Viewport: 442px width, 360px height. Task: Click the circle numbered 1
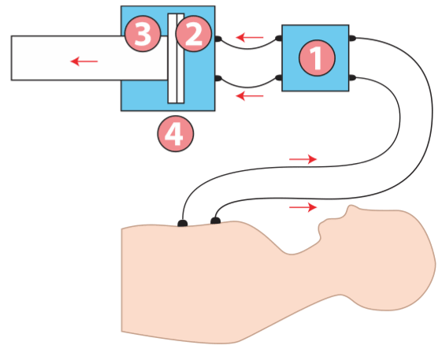[317, 58]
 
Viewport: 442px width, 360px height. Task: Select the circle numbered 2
[193, 34]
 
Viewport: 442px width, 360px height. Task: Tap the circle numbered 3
[143, 34]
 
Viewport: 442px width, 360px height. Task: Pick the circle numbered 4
[176, 134]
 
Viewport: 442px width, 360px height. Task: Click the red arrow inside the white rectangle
[84, 61]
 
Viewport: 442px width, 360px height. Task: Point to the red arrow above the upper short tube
[250, 37]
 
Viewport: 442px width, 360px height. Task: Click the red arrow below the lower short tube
[250, 96]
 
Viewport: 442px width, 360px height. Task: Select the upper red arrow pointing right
[303, 159]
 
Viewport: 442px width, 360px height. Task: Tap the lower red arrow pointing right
[303, 207]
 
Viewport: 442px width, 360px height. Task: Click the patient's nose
[351, 210]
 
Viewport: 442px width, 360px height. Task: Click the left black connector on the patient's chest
[182, 223]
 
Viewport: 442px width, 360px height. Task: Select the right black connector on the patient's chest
[215, 221]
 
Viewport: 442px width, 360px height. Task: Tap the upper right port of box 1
[352, 38]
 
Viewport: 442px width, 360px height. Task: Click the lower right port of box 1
[352, 77]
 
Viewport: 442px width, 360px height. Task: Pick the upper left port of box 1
[278, 38]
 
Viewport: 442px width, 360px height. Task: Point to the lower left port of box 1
[278, 77]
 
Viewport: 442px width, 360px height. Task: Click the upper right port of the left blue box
[218, 39]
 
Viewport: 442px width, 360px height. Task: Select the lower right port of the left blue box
[218, 78]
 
